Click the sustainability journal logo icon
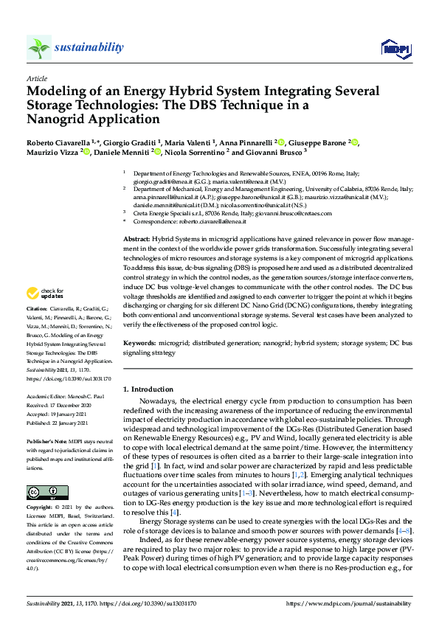pos(38,48)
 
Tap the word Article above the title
pos(36,78)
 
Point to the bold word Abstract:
pos(136,240)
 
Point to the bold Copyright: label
pos(42,509)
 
